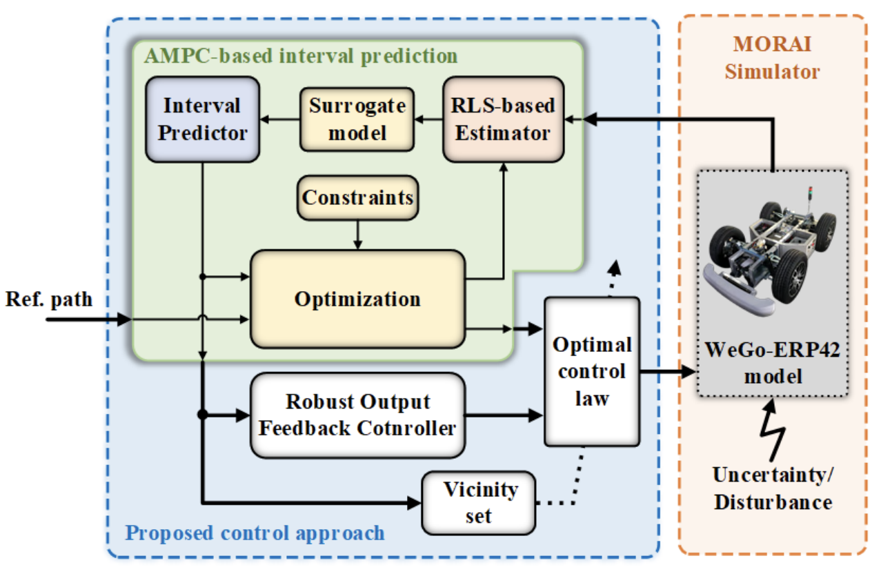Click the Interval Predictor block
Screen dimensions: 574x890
coord(202,119)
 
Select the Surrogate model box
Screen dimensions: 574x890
coord(357,119)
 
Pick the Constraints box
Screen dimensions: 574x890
coord(357,198)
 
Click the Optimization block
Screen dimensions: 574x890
coord(357,299)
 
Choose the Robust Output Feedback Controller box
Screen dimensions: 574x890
coord(357,415)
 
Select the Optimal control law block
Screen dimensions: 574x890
coord(591,370)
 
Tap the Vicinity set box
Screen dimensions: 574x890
coord(479,502)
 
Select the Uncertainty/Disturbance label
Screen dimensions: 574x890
coord(772,488)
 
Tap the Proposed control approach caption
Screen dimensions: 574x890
coord(255,533)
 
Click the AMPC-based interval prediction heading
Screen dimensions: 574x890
coord(300,55)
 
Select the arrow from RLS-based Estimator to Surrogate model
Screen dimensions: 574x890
coord(428,119)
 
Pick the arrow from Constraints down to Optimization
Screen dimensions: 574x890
coord(357,235)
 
